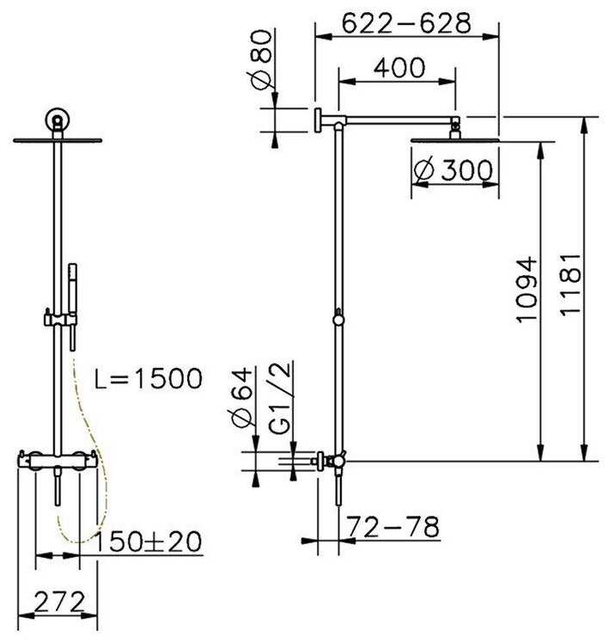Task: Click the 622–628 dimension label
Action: click(406, 23)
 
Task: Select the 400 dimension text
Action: click(399, 68)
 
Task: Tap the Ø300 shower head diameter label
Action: click(453, 169)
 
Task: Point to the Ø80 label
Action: click(260, 59)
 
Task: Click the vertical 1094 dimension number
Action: click(526, 290)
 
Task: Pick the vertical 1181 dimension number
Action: click(570, 285)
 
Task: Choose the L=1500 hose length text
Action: click(149, 378)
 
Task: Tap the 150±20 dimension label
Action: click(148, 542)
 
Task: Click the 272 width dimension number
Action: click(59, 602)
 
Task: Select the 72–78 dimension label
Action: click(393, 527)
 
